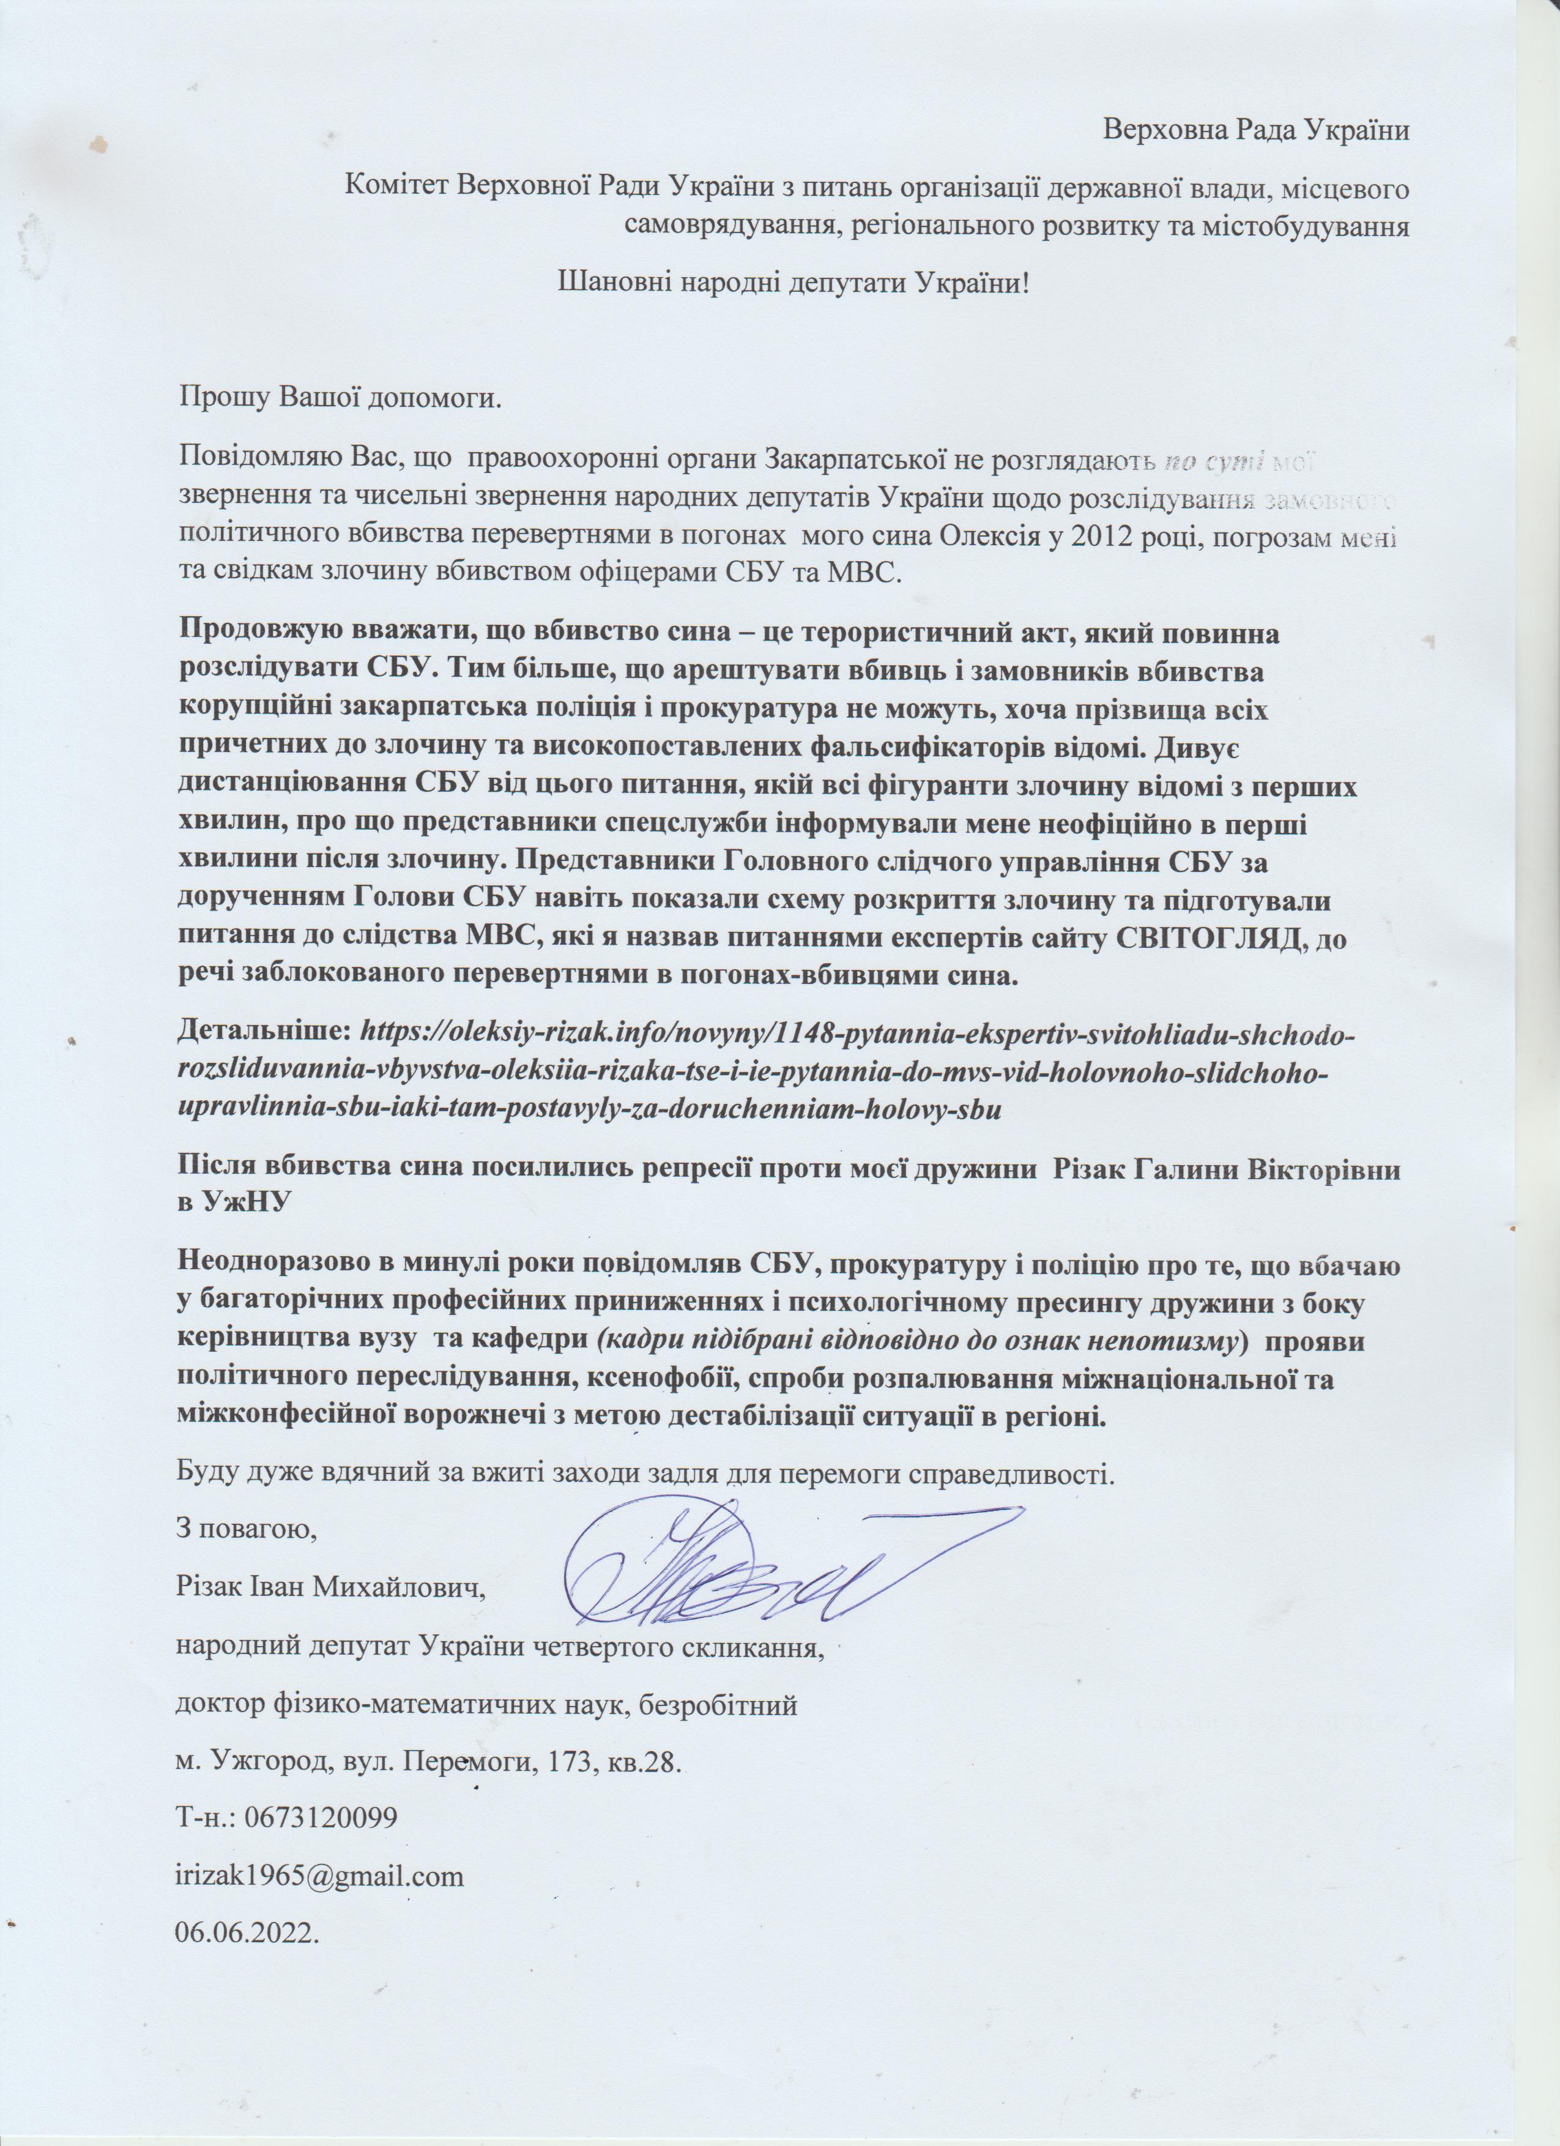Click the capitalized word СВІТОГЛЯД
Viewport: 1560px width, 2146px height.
coord(1225,942)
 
